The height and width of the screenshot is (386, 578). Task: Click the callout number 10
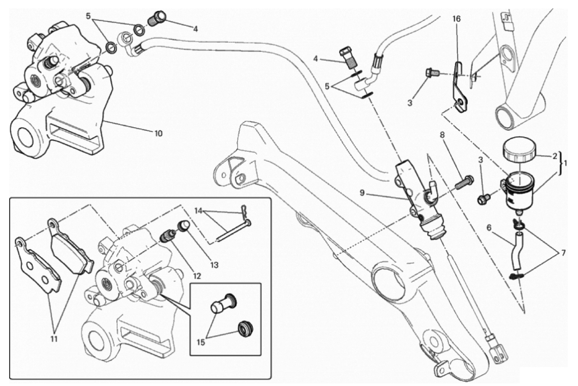158,134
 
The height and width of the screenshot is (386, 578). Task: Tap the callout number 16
456,19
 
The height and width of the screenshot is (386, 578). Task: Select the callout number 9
362,193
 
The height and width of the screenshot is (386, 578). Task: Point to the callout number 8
442,135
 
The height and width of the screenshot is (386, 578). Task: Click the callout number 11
54,339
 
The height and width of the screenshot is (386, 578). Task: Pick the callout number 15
201,342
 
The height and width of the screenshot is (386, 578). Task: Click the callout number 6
488,228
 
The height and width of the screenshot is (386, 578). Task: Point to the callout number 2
555,157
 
